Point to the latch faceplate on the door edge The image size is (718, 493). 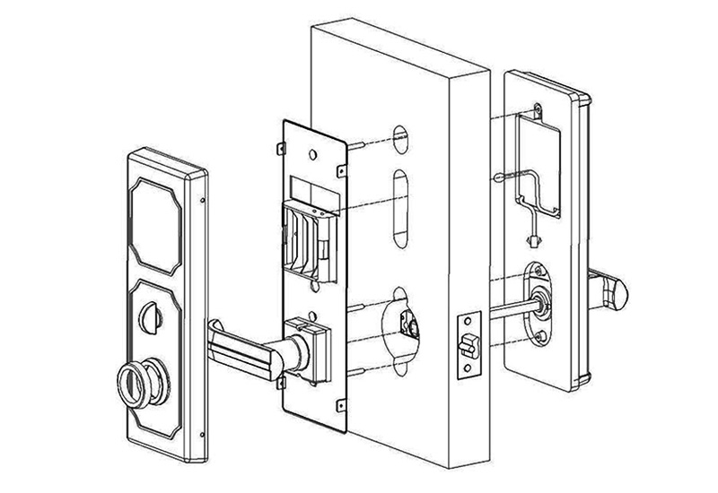tap(468, 345)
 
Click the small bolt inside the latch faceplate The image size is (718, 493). tap(467, 342)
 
